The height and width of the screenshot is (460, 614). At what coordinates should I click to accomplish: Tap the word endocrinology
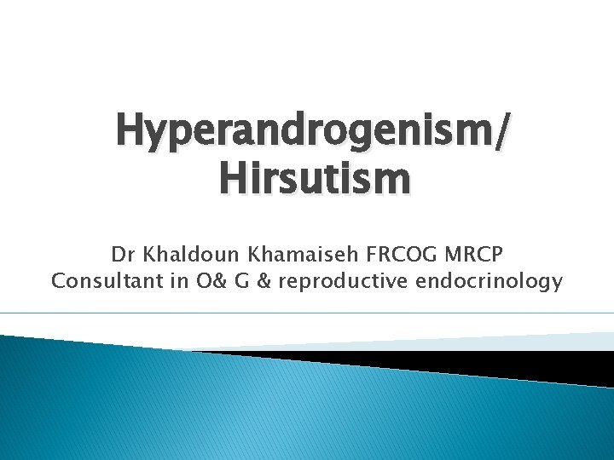489,281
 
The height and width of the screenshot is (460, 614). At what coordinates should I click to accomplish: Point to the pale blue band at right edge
588,341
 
